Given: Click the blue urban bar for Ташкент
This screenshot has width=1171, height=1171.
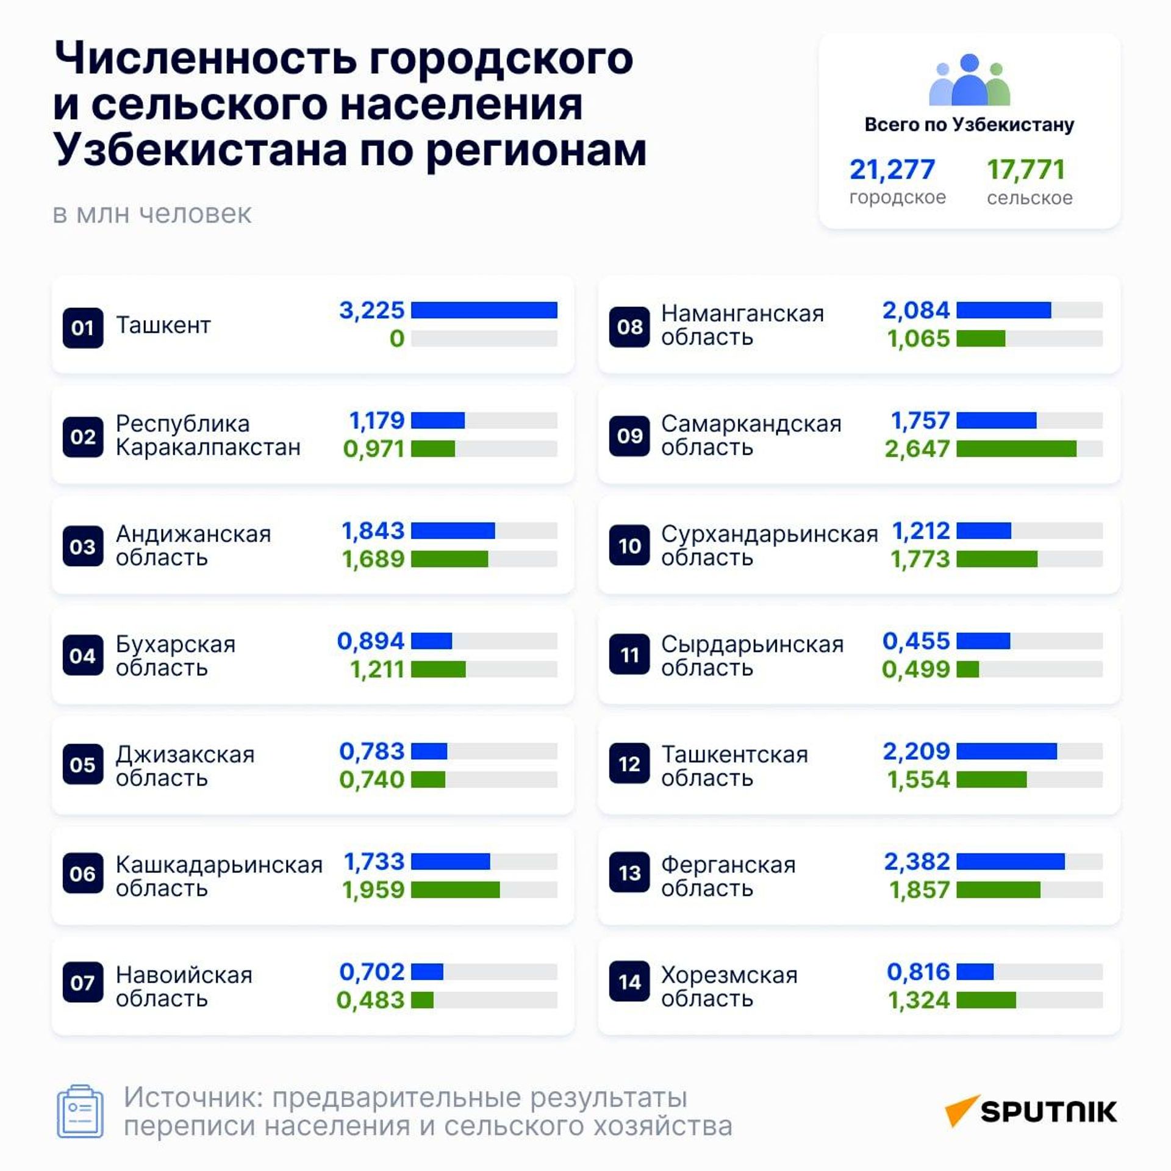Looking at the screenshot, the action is click(x=484, y=310).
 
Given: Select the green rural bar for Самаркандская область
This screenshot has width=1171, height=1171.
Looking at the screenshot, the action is click(x=1016, y=449).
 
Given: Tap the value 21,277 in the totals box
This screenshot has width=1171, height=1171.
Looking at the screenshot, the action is click(x=892, y=170).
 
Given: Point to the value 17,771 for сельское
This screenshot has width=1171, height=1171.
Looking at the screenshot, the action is click(x=1026, y=170).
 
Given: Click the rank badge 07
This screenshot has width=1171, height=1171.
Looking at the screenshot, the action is click(x=83, y=983).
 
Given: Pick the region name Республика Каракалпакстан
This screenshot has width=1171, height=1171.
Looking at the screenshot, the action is click(x=208, y=435).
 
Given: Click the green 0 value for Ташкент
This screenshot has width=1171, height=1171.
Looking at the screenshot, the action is click(x=397, y=338).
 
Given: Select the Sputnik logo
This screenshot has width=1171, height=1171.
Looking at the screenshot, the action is click(x=1031, y=1111).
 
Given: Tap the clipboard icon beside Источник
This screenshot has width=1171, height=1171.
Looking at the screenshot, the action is click(x=80, y=1111).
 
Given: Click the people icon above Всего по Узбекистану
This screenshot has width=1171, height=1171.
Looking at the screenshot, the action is click(x=969, y=81).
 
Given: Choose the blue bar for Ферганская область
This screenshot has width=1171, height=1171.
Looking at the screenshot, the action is click(x=1011, y=861).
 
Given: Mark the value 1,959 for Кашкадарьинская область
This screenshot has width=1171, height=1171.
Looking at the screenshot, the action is click(x=373, y=890).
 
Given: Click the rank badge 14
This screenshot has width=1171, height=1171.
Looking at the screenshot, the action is click(x=629, y=983).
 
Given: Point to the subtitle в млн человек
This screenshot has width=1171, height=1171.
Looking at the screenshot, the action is click(x=152, y=214).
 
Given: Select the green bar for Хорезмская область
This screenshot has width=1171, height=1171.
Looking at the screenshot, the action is click(x=986, y=1000).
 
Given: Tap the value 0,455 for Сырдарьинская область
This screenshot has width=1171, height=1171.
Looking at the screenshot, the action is click(x=916, y=641).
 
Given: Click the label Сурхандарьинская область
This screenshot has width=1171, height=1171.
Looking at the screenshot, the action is click(x=770, y=545).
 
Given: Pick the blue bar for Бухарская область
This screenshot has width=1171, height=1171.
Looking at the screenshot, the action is click(x=431, y=641).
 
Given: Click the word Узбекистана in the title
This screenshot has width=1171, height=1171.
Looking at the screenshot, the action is click(x=199, y=149).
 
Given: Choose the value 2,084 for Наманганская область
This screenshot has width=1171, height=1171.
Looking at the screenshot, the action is click(x=916, y=310).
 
